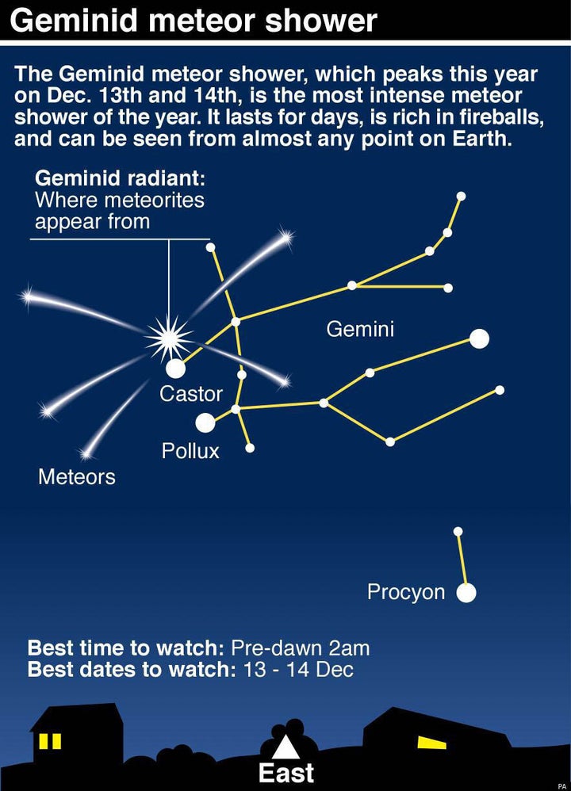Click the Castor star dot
176,369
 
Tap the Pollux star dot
205,422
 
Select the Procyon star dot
466,593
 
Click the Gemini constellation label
360,329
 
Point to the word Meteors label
77,476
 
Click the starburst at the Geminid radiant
169,338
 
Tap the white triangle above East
285,747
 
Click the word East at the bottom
286,773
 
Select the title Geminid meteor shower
194,20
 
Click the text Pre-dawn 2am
300,648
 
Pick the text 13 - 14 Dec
298,670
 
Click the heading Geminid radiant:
121,178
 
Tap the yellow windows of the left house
51,741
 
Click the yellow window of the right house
431,742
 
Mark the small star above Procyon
458,531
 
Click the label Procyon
406,592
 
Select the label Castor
191,394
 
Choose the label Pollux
190,451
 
